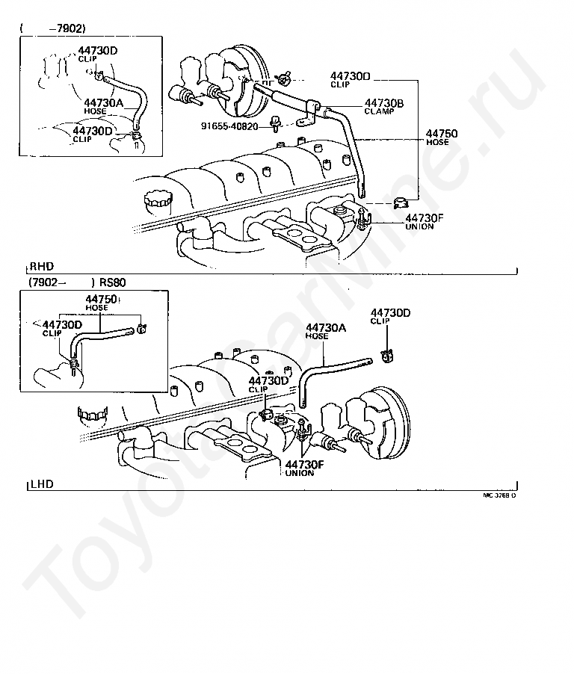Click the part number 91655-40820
229,126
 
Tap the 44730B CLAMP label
384,106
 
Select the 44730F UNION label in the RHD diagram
424,222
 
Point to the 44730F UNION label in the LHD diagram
304,468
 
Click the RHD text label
42,267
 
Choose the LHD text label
42,484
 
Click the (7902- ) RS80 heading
77,282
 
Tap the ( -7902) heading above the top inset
52,28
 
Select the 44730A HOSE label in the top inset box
103,106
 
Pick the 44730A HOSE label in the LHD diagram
325,332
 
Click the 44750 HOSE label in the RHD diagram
442,137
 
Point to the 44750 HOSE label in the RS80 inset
102,303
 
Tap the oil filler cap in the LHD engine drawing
93,415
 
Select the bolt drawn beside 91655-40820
274,123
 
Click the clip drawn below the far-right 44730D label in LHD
388,356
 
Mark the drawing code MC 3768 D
499,495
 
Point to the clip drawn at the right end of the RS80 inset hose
141,329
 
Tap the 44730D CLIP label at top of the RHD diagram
350,80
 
